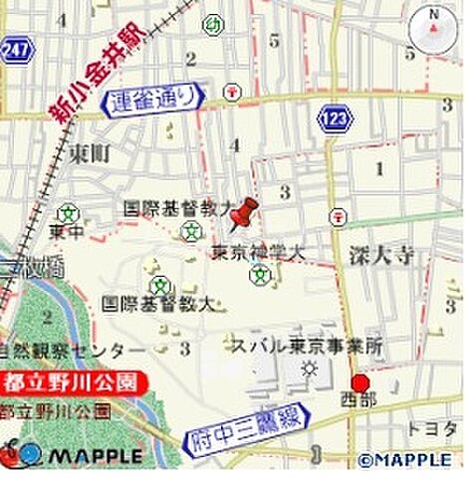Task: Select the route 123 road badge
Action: [334, 119]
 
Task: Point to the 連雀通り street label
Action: [157, 98]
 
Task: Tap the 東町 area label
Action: [90, 152]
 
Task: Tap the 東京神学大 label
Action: [257, 254]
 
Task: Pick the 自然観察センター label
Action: [73, 351]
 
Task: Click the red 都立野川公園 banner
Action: [73, 380]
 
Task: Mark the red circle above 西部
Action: [359, 384]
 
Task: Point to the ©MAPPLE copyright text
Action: [408, 460]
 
